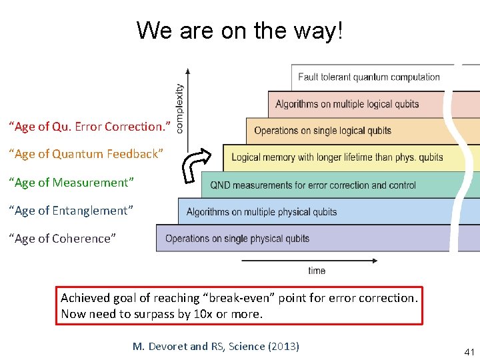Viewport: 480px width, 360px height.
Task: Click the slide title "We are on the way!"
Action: click(239, 30)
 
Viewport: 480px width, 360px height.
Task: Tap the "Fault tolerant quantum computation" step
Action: click(369, 77)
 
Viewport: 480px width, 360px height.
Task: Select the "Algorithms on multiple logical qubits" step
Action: click(347, 104)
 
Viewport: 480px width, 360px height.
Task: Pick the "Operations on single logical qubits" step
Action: click(323, 131)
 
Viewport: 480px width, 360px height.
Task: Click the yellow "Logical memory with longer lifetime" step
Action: click(337, 157)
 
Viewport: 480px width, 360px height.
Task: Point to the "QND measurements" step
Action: click(313, 185)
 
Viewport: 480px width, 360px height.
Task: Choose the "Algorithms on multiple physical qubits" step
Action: click(261, 212)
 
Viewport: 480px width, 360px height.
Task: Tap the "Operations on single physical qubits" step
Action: click(237, 239)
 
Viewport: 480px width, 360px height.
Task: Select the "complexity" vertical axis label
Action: click(179, 107)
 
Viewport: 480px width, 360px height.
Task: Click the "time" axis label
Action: click(317, 271)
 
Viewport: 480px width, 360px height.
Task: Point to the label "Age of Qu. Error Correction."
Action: click(89, 126)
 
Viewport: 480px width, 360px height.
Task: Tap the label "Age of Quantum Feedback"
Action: click(85, 154)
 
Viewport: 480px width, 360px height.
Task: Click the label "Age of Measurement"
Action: click(71, 182)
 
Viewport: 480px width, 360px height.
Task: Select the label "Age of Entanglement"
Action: click(71, 210)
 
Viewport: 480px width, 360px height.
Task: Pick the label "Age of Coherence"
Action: click(62, 238)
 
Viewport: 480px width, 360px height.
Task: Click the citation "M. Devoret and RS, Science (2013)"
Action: click(216, 346)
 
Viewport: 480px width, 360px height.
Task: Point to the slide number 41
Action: click(469, 351)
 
